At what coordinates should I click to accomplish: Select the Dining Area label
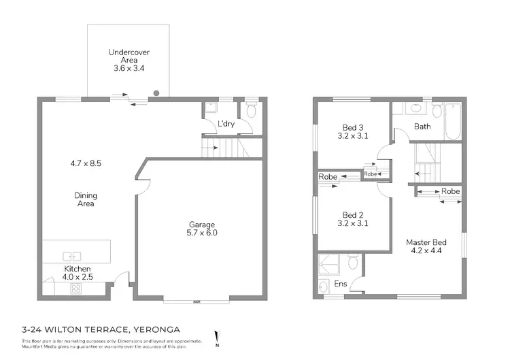[x=86, y=199]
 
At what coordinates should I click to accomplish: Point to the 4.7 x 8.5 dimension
[x=86, y=163]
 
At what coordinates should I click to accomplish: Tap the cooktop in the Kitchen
[x=76, y=289]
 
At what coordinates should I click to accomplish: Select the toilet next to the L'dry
[x=251, y=110]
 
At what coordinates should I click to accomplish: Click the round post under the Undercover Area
[x=157, y=93]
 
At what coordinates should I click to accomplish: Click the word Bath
[x=422, y=127]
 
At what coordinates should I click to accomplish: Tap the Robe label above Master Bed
[x=450, y=192]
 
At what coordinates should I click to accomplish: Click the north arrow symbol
[x=217, y=338]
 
